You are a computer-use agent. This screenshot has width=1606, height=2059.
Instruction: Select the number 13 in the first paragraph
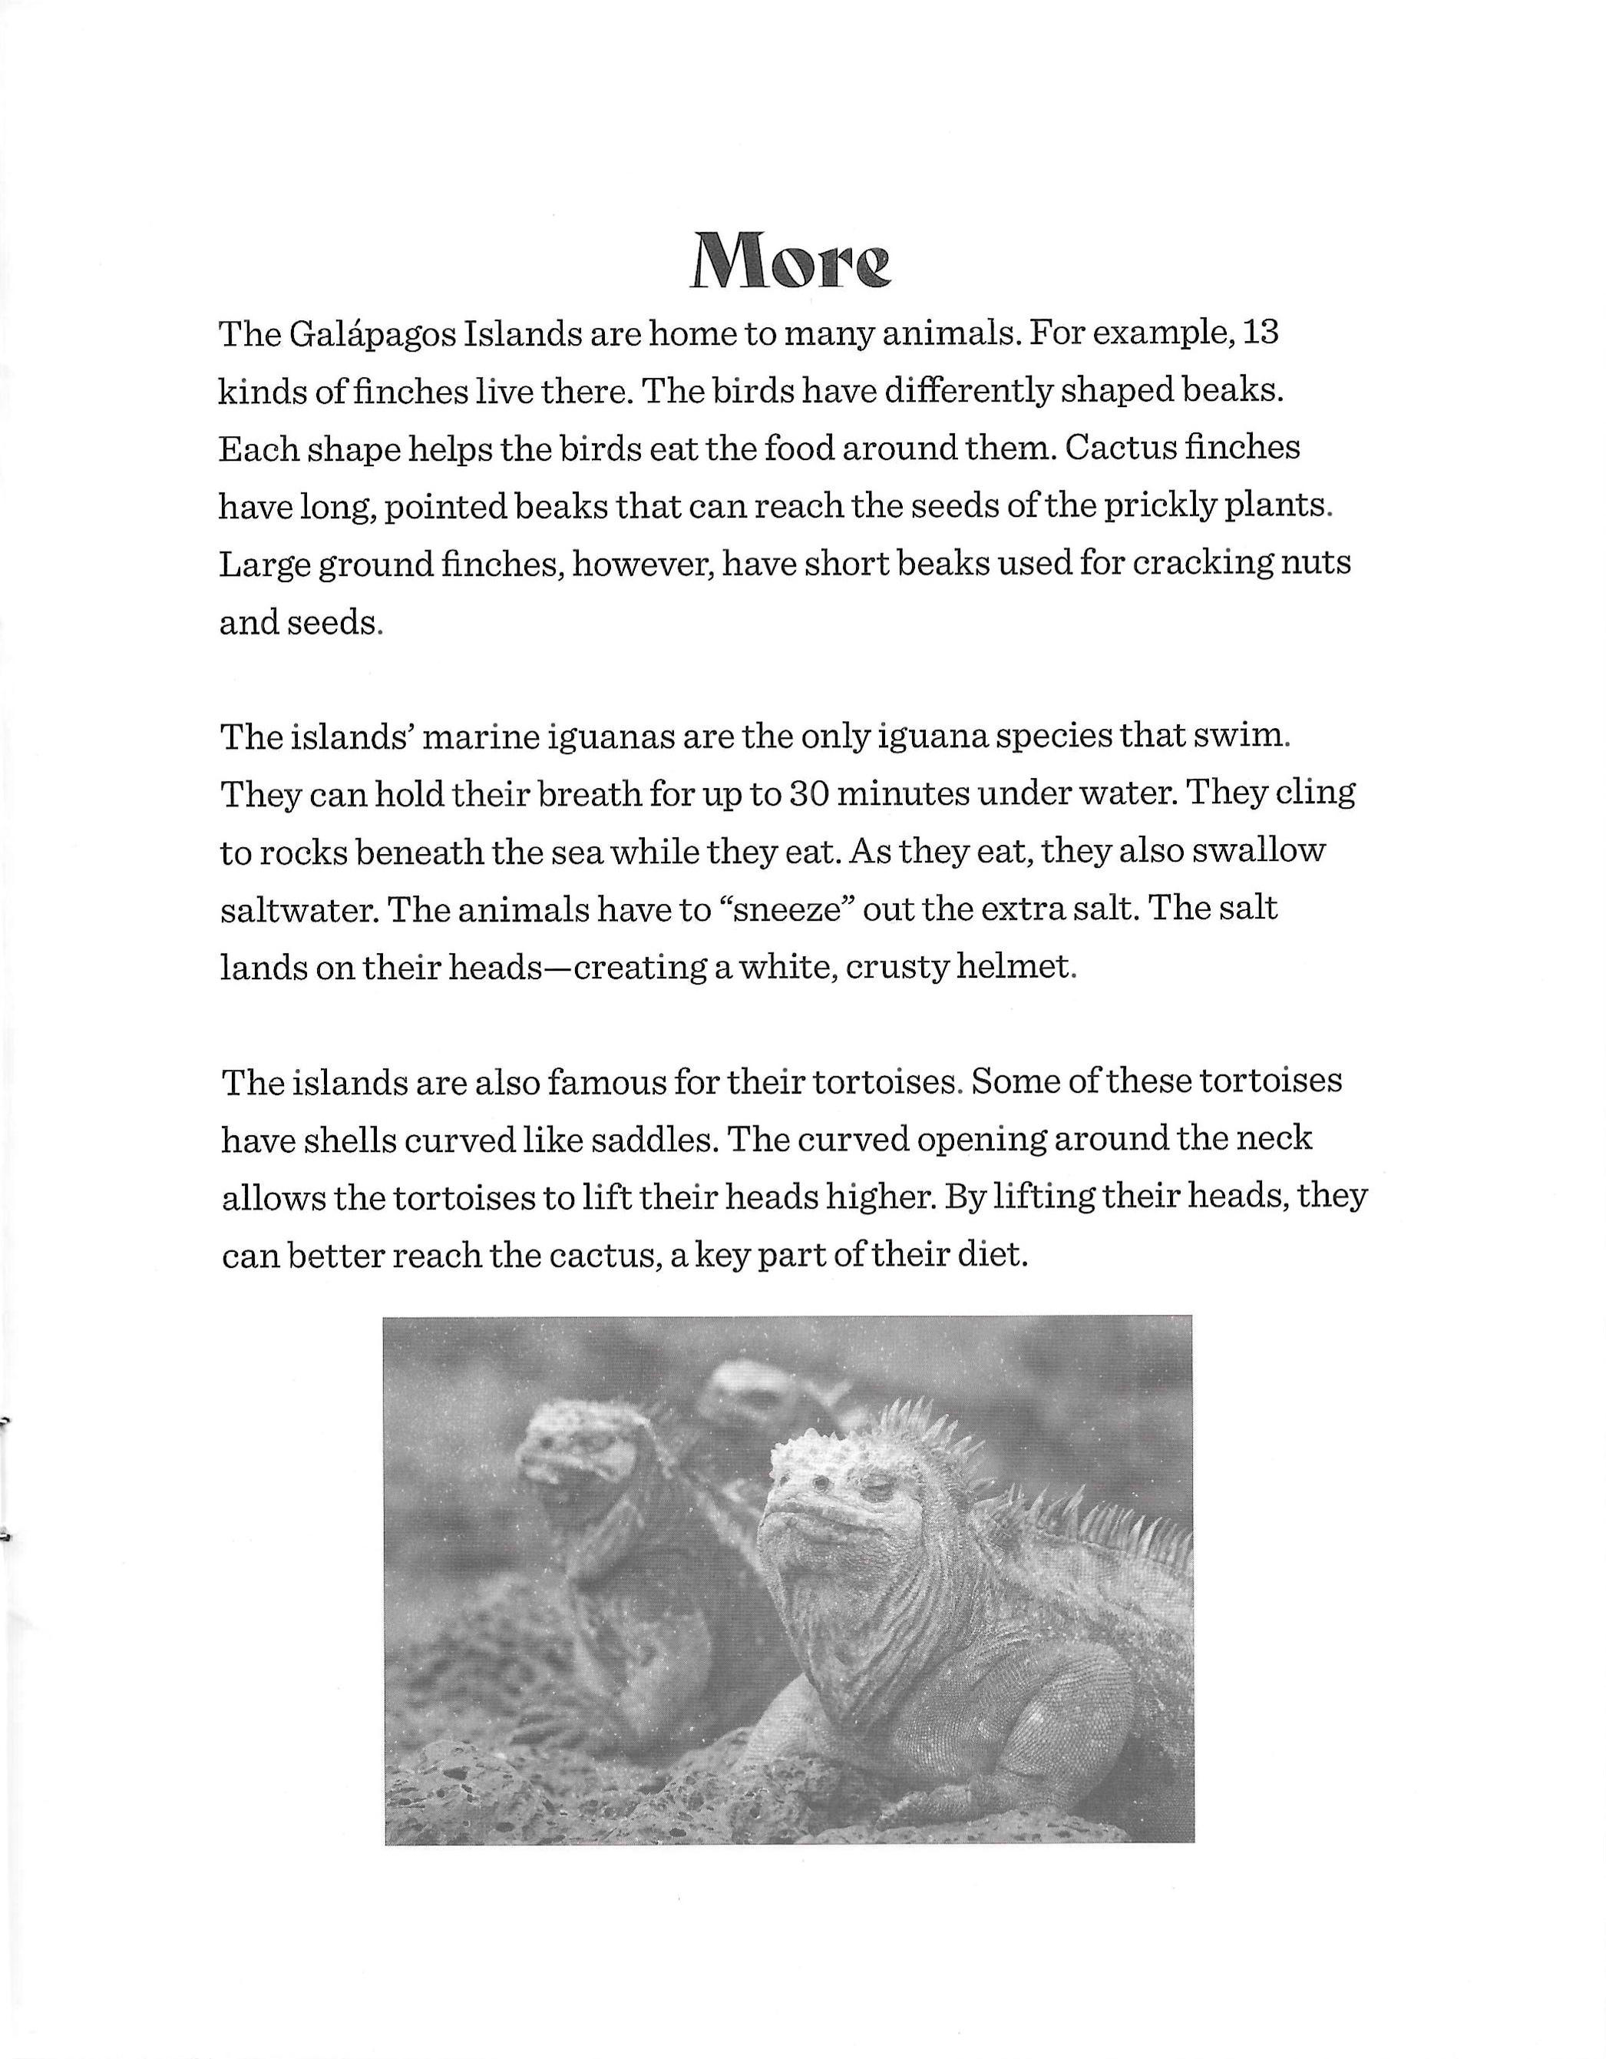(x=1260, y=334)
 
